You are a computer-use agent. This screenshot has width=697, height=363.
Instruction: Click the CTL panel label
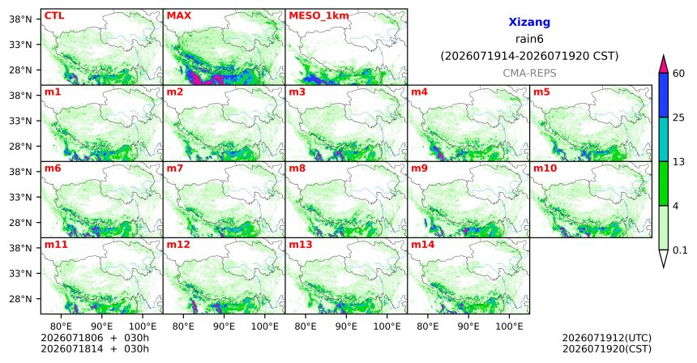[54, 15]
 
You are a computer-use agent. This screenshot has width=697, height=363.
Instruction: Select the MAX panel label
[178, 15]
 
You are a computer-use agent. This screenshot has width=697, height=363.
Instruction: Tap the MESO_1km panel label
[319, 16]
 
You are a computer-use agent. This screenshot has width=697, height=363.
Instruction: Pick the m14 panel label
[423, 245]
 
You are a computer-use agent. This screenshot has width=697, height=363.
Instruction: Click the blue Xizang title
[529, 22]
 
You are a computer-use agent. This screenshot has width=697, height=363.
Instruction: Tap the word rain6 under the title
[529, 39]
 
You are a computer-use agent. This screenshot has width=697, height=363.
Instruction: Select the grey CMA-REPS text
[529, 73]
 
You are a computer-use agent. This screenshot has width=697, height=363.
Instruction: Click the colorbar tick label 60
[679, 73]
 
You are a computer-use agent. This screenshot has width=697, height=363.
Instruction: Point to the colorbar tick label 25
[679, 117]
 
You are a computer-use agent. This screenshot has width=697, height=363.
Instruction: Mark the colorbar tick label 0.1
[680, 250]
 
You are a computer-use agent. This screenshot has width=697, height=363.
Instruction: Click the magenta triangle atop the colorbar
[664, 65]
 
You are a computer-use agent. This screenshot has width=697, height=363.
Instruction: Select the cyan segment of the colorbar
[664, 139]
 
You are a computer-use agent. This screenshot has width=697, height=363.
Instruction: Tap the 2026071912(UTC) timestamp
[607, 339]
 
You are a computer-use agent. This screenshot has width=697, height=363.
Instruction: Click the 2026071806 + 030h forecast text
[95, 338]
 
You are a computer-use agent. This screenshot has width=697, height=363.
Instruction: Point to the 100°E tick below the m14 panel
[508, 327]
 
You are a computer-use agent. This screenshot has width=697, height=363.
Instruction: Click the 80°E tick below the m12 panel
[183, 327]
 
